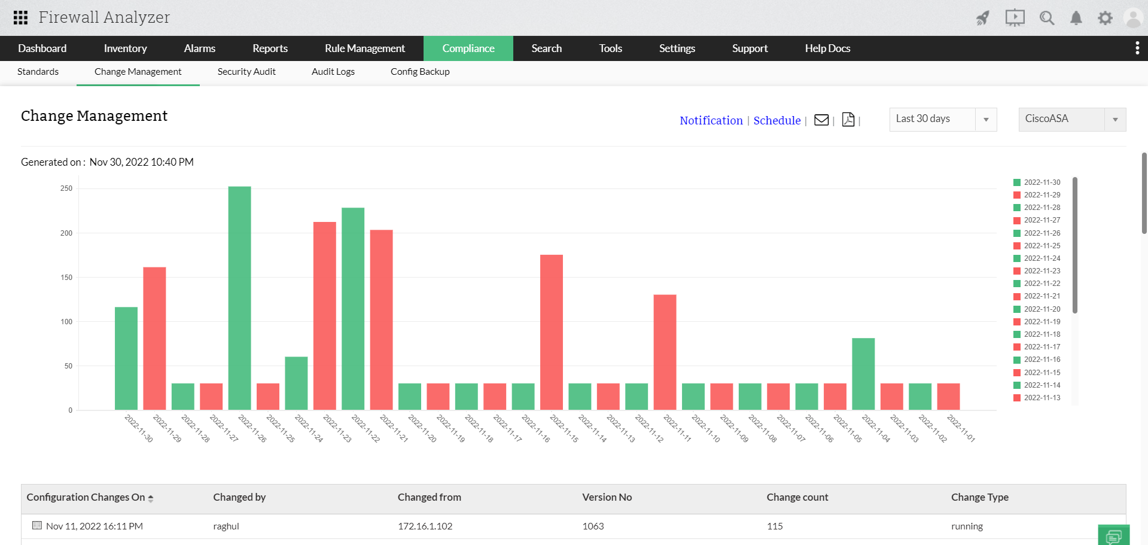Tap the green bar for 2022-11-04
[863, 374]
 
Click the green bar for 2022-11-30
[126, 358]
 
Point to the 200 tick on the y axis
[66, 233]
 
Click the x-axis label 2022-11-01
[961, 428]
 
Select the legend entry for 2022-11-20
[1042, 309]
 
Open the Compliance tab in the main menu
[468, 48]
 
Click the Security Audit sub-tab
[246, 72]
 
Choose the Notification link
[711, 120]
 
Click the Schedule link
[777, 120]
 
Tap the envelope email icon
[821, 120]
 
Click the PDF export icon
[848, 120]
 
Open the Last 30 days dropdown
[942, 119]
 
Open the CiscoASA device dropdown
[1071, 119]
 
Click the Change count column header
[797, 497]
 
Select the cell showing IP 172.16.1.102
[425, 526]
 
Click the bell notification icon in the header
[1076, 18]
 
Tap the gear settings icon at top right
[1105, 18]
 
